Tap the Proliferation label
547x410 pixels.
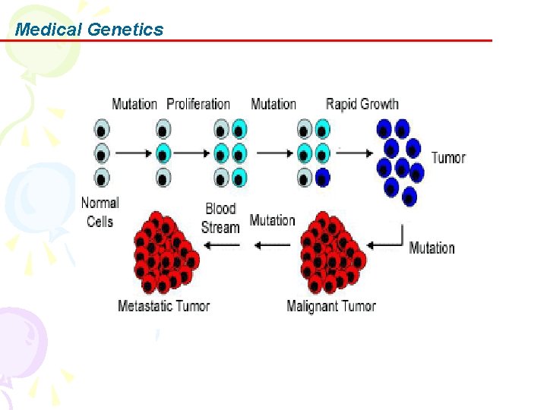coord(198,104)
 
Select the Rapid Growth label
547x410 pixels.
coord(362,104)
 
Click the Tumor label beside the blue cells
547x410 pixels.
coord(448,158)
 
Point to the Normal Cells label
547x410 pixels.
coord(100,212)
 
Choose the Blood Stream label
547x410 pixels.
coord(220,217)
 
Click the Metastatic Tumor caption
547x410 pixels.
coord(163,306)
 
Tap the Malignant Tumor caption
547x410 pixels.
coord(331,306)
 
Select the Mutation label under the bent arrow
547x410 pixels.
coord(432,248)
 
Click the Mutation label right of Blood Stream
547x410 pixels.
coord(272,220)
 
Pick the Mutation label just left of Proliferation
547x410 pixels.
coord(134,104)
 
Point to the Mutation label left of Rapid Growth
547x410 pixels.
coord(273,104)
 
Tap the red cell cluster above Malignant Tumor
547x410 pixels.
coord(331,252)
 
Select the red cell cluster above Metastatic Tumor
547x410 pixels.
coord(163,252)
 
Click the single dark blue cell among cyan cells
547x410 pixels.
coord(323,178)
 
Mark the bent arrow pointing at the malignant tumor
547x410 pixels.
coord(387,240)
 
